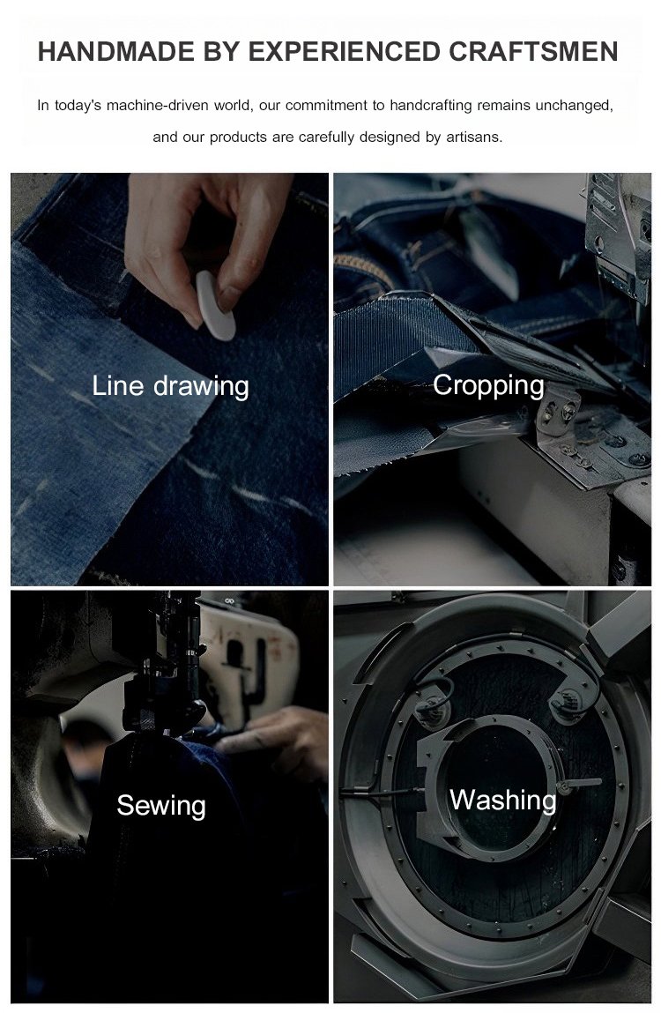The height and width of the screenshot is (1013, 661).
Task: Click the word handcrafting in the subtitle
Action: click(430, 105)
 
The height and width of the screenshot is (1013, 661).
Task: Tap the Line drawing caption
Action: click(171, 386)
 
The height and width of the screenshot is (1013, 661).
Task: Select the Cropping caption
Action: click(488, 385)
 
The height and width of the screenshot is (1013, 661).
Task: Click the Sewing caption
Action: click(161, 806)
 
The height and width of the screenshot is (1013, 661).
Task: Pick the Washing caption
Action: click(502, 800)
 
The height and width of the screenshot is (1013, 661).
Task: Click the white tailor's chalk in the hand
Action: click(215, 306)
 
